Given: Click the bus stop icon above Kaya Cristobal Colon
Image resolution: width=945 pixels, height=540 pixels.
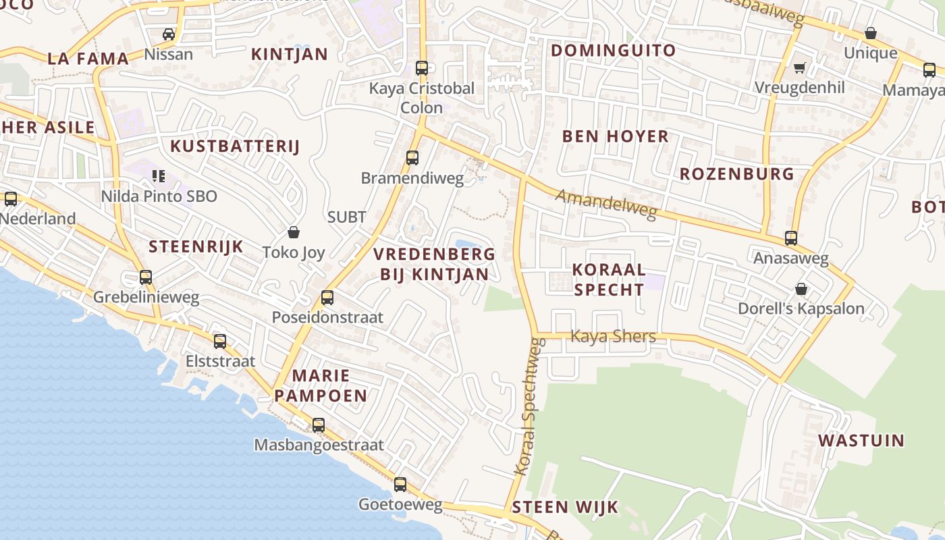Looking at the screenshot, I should tap(422, 67).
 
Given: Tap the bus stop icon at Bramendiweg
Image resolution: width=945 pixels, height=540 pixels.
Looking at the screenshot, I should tap(412, 158).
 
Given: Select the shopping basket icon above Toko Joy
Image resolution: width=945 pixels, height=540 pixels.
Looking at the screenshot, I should tap(294, 232).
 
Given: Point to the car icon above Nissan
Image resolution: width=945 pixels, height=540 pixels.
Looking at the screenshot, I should tap(169, 34).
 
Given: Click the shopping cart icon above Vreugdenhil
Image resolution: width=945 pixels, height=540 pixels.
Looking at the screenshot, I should tap(800, 67).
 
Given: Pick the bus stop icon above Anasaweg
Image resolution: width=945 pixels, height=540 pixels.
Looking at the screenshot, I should tap(790, 238).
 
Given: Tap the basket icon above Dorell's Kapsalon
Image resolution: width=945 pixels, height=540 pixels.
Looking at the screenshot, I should tap(801, 289).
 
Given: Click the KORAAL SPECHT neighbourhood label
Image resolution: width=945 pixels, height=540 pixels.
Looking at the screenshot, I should tap(608, 279).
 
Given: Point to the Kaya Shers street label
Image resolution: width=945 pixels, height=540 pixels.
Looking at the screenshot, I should tap(613, 335).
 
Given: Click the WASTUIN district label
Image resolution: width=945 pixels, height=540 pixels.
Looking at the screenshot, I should tap(861, 441).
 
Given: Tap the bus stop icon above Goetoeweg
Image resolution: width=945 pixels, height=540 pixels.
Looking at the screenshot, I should tap(400, 484).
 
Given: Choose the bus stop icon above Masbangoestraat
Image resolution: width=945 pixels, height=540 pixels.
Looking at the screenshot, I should tap(319, 425).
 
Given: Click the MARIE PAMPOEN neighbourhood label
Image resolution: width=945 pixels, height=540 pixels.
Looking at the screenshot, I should tap(321, 385).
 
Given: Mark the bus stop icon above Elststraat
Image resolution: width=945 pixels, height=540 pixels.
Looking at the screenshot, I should tap(220, 341).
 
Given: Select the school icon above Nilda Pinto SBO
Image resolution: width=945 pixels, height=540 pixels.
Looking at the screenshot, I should tap(159, 176).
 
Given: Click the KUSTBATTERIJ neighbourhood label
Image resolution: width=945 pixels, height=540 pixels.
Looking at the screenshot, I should tap(234, 146).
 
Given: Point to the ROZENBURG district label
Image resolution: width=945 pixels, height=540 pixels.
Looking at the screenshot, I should tap(736, 174).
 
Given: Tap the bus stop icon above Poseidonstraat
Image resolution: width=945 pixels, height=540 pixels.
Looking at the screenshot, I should tap(327, 297).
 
